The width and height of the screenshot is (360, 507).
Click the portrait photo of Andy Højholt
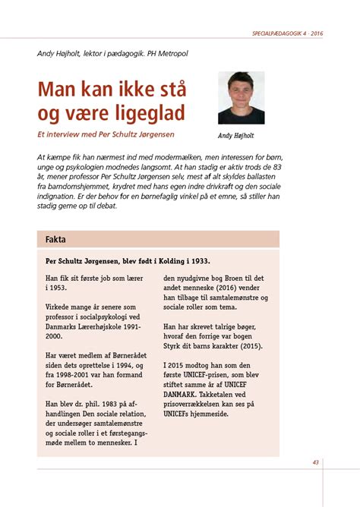point(241,98)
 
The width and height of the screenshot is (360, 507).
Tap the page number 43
point(315,462)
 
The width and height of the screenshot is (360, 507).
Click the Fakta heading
point(55,239)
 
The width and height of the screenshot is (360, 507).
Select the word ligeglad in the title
point(146,115)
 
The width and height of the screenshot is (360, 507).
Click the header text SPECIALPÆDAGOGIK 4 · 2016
point(287,34)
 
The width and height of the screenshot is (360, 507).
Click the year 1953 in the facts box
point(58,289)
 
